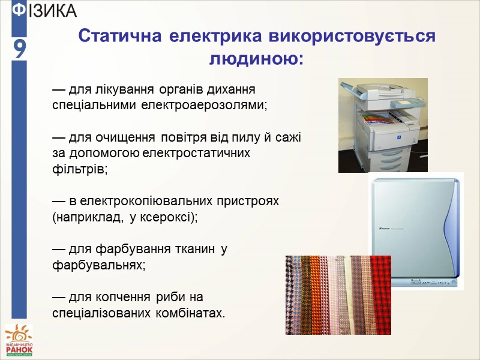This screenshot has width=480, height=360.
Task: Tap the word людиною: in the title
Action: coord(256,59)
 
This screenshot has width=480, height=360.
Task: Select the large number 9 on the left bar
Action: coord(19,50)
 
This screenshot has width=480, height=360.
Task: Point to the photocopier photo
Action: coord(382,125)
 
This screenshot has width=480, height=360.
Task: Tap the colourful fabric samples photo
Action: coord(338,294)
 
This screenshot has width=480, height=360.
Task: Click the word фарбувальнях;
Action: coord(99,264)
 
